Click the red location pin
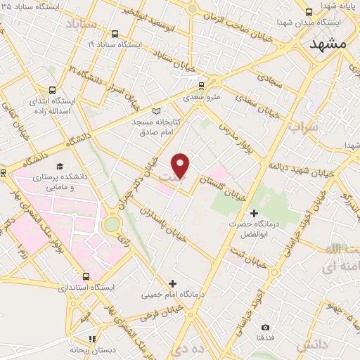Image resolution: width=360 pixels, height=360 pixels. coord(181,165)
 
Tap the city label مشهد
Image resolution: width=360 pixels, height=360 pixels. coord(328,43)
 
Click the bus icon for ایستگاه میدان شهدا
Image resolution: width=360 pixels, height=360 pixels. coord(309,12)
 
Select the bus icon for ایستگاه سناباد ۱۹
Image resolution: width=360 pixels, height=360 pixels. coord(115,34)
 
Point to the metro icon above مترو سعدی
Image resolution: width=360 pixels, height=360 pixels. coord(202,86)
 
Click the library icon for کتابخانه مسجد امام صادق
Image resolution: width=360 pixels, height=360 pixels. coord(156,110)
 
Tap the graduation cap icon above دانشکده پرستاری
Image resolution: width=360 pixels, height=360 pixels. coord(60,166)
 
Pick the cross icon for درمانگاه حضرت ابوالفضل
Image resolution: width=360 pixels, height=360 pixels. coord(255,212)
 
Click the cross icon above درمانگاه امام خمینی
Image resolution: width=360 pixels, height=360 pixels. coord(172,283)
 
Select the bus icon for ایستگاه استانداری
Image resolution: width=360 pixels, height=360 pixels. coord(86,276)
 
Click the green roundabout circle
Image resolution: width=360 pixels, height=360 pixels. coord(111,225)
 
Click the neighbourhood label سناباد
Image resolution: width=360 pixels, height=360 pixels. coord(79,27)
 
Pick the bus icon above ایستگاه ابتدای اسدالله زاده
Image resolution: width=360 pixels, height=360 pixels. coord(52,90)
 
